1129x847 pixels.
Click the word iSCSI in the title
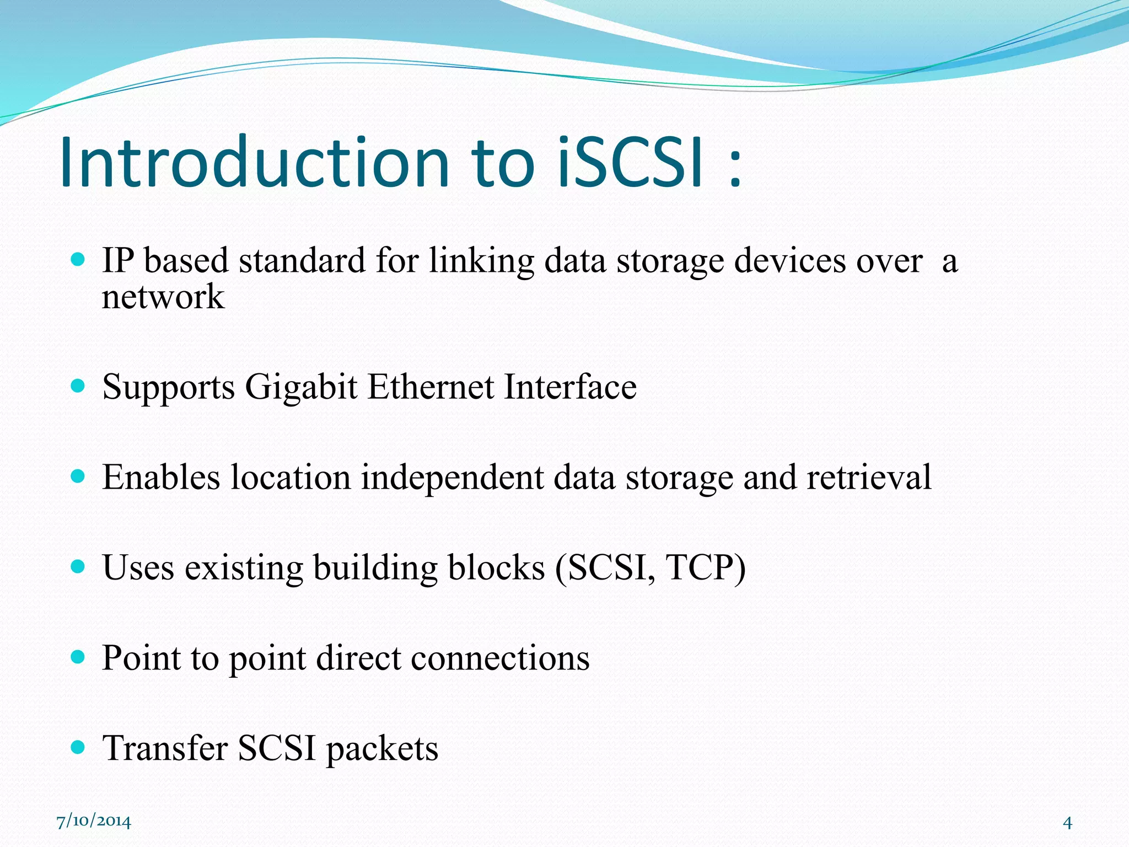point(631,163)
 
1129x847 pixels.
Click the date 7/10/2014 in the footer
point(94,821)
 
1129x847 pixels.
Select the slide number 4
point(1067,823)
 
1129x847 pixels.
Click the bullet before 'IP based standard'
point(78,259)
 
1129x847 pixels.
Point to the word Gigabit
point(301,387)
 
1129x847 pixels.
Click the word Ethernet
point(431,387)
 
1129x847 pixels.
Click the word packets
point(382,749)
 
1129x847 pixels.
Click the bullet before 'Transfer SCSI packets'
point(78,747)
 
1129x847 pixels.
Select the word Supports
point(169,388)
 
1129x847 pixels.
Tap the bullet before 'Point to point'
point(78,657)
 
